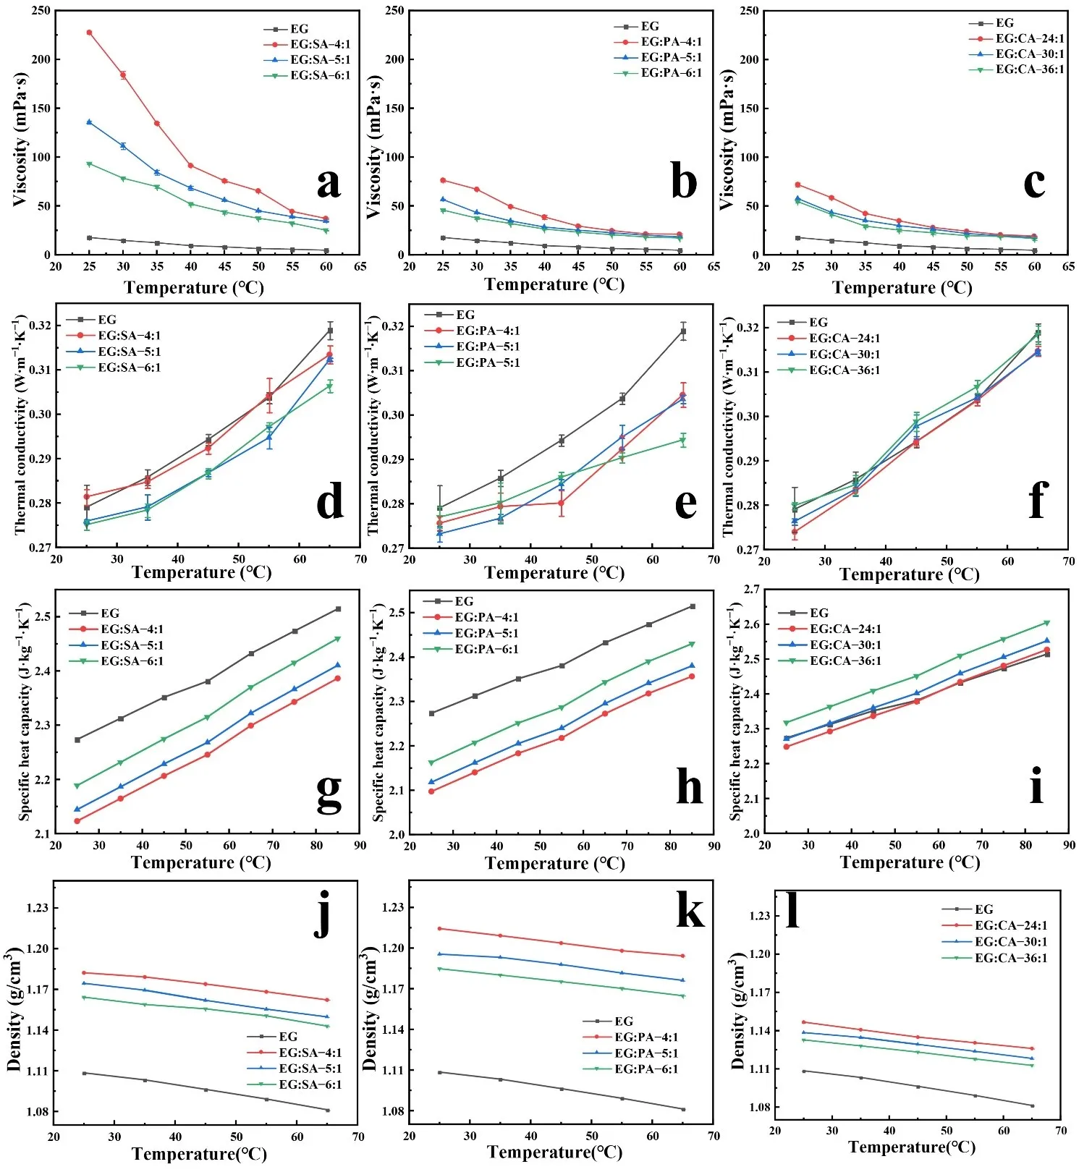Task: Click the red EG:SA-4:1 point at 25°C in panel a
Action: click(x=89, y=33)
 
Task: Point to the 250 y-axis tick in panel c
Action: click(x=749, y=11)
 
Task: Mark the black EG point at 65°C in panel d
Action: click(x=330, y=331)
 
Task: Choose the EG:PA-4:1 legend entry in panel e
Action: click(x=487, y=331)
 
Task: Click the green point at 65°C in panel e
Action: click(x=682, y=440)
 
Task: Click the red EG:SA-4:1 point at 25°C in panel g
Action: click(x=77, y=821)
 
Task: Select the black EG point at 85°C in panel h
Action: click(x=692, y=606)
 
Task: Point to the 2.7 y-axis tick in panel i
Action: click(x=752, y=590)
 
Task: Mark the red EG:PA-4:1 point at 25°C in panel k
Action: click(x=439, y=928)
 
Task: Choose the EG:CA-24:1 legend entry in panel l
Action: click(x=1010, y=925)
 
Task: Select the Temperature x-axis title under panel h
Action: click(x=554, y=863)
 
